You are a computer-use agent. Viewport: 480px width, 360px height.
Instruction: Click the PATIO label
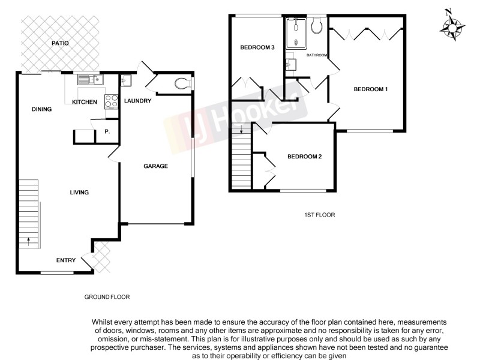click(59, 43)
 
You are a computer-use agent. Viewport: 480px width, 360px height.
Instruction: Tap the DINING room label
click(41, 109)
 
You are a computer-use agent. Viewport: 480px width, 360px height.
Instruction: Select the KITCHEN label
click(85, 102)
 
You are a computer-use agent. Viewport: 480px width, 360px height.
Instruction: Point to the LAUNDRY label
click(137, 101)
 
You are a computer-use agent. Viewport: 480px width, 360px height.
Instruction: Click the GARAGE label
click(155, 166)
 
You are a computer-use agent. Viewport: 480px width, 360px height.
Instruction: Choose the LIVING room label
click(79, 193)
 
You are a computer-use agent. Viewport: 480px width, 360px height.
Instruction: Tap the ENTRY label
click(66, 260)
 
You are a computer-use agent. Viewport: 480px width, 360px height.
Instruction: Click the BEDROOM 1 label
click(371, 89)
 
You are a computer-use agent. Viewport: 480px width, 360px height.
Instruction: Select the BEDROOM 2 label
click(305, 157)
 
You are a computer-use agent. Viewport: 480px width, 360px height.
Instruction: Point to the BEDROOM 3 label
click(257, 47)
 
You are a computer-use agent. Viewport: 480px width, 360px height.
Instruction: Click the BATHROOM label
click(317, 55)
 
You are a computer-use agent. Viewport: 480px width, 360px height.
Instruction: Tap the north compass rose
click(451, 27)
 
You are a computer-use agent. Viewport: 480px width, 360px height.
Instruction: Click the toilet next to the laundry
click(183, 83)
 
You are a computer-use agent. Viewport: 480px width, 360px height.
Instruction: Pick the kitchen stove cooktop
click(111, 101)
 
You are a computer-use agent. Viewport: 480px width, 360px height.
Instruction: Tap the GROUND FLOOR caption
click(107, 296)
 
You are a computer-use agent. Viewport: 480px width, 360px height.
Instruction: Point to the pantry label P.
click(107, 131)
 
